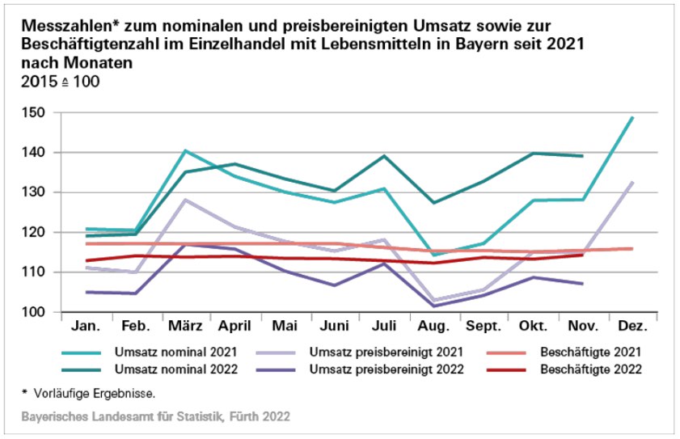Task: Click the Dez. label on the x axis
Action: tap(632, 327)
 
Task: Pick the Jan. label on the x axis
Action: tap(86, 327)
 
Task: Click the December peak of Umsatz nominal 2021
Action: tap(632, 117)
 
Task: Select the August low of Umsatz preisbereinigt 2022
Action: tap(433, 306)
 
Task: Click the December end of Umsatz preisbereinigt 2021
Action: tap(632, 182)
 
